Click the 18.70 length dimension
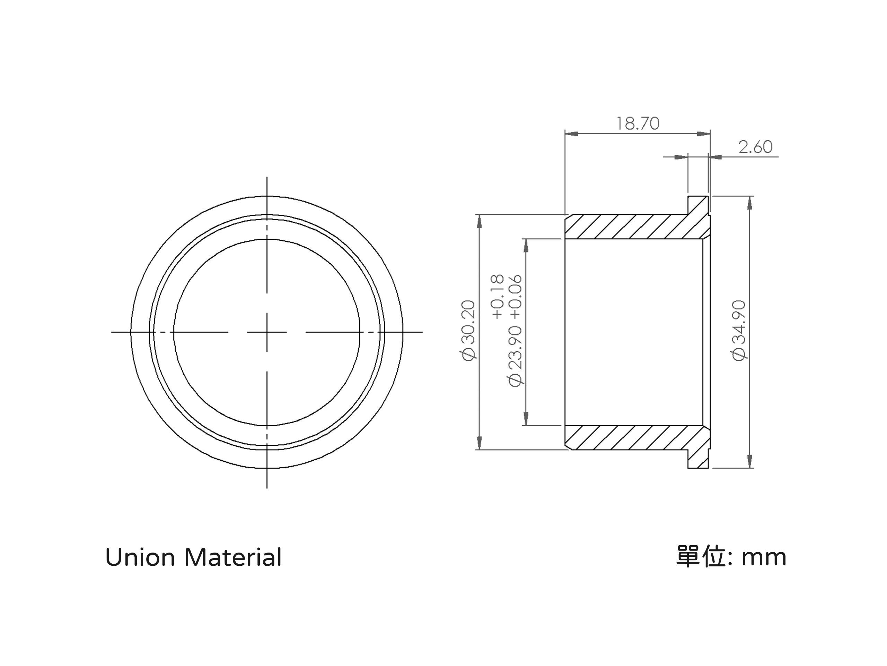tap(638, 123)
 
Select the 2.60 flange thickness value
tap(755, 147)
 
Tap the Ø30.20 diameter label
tap(468, 330)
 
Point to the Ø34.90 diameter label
tap(739, 330)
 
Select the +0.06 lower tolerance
tap(515, 297)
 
